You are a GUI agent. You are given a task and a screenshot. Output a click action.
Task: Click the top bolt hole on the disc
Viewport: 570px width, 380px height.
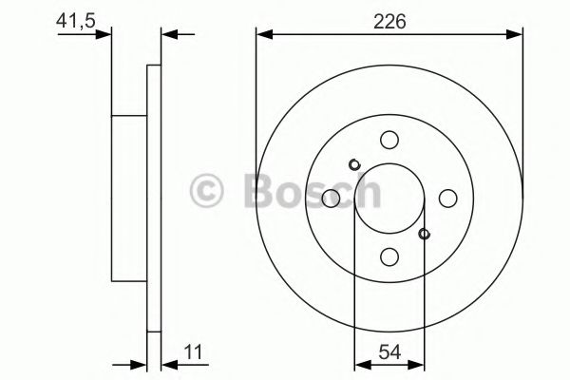point(389,141)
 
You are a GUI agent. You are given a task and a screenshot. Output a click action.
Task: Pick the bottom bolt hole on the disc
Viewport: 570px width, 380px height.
point(389,256)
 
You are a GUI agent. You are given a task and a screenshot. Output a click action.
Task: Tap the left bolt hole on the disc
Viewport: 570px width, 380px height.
point(332,198)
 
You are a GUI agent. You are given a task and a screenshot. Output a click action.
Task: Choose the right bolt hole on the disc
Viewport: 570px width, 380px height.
point(446,198)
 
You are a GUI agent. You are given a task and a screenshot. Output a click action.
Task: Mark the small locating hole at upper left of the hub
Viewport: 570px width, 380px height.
point(354,164)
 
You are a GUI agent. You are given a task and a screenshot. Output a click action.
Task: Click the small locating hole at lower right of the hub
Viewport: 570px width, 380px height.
point(424,233)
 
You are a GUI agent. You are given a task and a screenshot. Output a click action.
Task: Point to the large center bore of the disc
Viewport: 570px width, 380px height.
point(389,198)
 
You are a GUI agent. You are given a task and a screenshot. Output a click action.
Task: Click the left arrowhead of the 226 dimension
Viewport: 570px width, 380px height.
point(263,36)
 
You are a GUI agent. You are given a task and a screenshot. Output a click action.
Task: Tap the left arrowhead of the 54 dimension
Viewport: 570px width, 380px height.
point(360,363)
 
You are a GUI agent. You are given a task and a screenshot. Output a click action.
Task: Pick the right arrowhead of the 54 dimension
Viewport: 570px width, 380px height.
point(417,363)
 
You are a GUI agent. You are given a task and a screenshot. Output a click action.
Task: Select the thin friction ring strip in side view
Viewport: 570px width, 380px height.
point(154,198)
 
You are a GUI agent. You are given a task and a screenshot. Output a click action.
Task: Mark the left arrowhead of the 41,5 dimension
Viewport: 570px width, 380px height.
point(104,36)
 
